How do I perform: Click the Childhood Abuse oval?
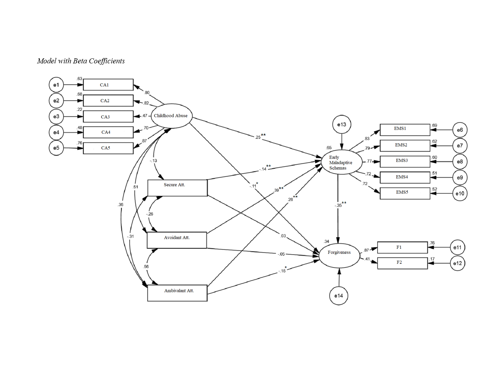[x=171, y=116]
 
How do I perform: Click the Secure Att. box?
[x=177, y=188]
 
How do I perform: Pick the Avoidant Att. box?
[x=177, y=240]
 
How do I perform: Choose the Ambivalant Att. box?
[x=177, y=293]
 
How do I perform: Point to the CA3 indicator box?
[x=108, y=117]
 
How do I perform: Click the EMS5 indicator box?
[x=405, y=193]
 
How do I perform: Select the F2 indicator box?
[x=402, y=263]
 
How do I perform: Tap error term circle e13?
[x=342, y=125]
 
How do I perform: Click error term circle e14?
[x=339, y=296]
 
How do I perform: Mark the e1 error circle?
[x=56, y=85]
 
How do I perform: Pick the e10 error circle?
[x=460, y=193]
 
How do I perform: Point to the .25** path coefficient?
[x=260, y=136]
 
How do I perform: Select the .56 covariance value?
[x=146, y=267]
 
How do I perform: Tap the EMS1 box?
[x=405, y=130]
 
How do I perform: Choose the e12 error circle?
[x=457, y=263]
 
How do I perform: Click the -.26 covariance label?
[x=150, y=214]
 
